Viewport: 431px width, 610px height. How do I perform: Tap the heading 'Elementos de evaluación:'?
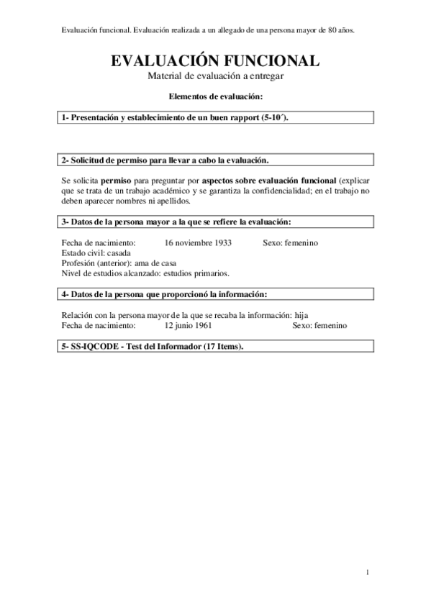(215, 96)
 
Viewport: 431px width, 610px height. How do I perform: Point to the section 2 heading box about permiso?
(215, 160)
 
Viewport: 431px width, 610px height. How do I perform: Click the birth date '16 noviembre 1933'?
(198, 243)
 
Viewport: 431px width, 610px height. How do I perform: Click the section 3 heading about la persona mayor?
(215, 222)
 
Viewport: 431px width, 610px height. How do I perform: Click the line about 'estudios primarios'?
(146, 273)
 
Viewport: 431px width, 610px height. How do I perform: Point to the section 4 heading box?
(215, 293)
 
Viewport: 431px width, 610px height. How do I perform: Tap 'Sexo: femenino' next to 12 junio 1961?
(319, 325)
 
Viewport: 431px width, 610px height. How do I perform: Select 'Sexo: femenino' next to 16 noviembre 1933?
(291, 243)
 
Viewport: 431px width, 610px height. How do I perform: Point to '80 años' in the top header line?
(341, 30)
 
